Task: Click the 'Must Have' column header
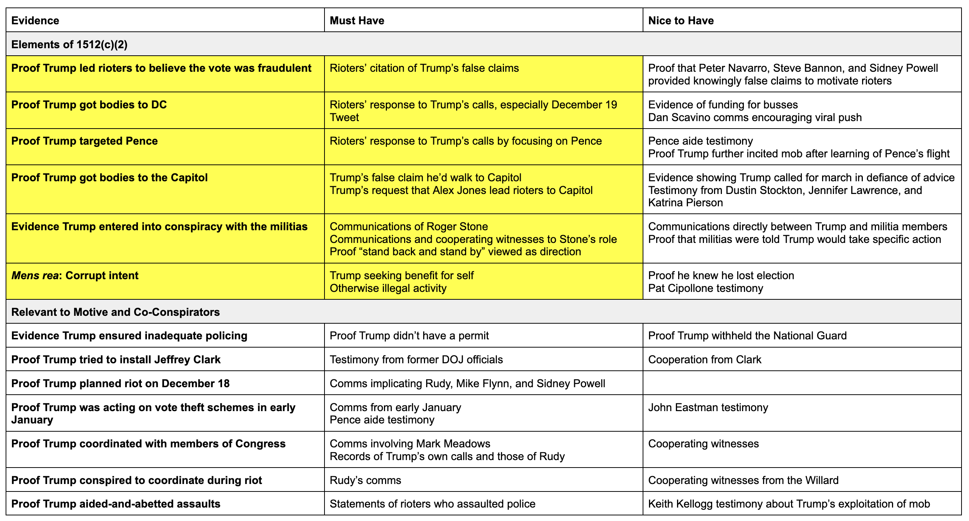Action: coord(357,20)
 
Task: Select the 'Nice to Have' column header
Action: coord(680,20)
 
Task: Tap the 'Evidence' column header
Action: coord(35,20)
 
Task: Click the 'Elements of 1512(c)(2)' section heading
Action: coord(69,44)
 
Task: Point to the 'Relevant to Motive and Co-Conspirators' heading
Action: coord(116,312)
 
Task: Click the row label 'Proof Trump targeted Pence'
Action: coord(84,141)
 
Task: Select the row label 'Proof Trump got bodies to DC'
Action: coord(89,105)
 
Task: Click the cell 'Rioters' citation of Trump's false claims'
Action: coord(424,68)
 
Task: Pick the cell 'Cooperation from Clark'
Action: coord(704,360)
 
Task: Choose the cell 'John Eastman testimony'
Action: coord(708,407)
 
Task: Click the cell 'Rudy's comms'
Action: coord(365,480)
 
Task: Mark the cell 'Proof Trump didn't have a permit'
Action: coord(409,336)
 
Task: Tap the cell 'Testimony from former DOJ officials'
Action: coord(416,360)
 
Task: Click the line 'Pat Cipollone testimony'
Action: coord(705,288)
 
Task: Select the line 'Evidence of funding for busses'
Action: coord(723,105)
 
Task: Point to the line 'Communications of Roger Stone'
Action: coord(409,226)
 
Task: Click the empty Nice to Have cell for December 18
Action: coord(802,383)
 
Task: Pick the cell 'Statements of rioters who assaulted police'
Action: coord(432,504)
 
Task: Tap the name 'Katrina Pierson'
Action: coord(685,203)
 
